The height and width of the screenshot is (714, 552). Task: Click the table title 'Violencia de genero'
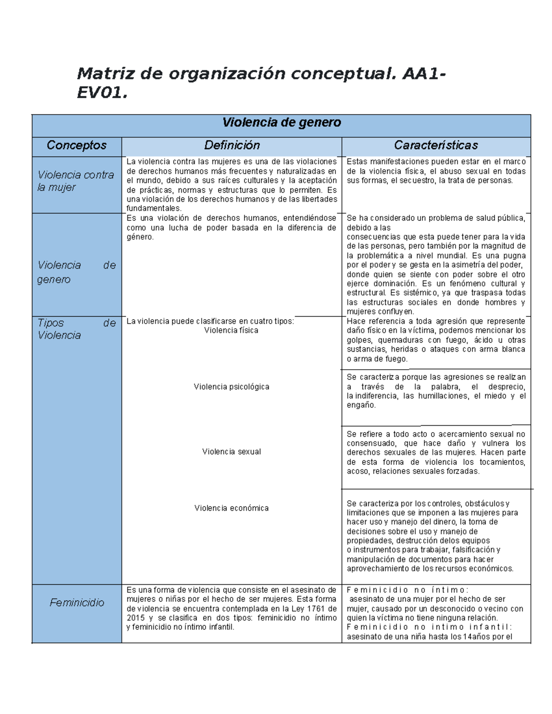click(x=282, y=123)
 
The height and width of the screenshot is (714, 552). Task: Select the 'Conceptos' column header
click(x=76, y=145)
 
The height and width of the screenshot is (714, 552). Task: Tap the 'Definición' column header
click(x=232, y=145)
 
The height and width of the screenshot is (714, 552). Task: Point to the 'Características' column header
click(x=436, y=145)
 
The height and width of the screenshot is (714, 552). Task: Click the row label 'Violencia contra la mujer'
click(x=75, y=181)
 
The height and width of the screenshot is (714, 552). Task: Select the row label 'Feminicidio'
click(x=77, y=602)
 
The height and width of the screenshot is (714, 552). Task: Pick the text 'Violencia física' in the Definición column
click(x=231, y=331)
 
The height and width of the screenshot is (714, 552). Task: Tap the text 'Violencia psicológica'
click(x=231, y=387)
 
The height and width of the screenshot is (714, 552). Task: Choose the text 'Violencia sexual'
click(x=231, y=452)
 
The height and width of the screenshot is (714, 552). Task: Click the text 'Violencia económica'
click(x=231, y=508)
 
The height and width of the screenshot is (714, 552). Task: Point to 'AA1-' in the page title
click(x=424, y=74)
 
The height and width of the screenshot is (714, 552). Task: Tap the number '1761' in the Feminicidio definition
click(x=316, y=609)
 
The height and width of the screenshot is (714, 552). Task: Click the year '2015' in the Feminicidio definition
click(x=136, y=618)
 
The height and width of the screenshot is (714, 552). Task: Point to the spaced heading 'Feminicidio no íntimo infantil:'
click(x=429, y=627)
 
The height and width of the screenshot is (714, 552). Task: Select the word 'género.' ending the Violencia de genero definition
click(x=140, y=237)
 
